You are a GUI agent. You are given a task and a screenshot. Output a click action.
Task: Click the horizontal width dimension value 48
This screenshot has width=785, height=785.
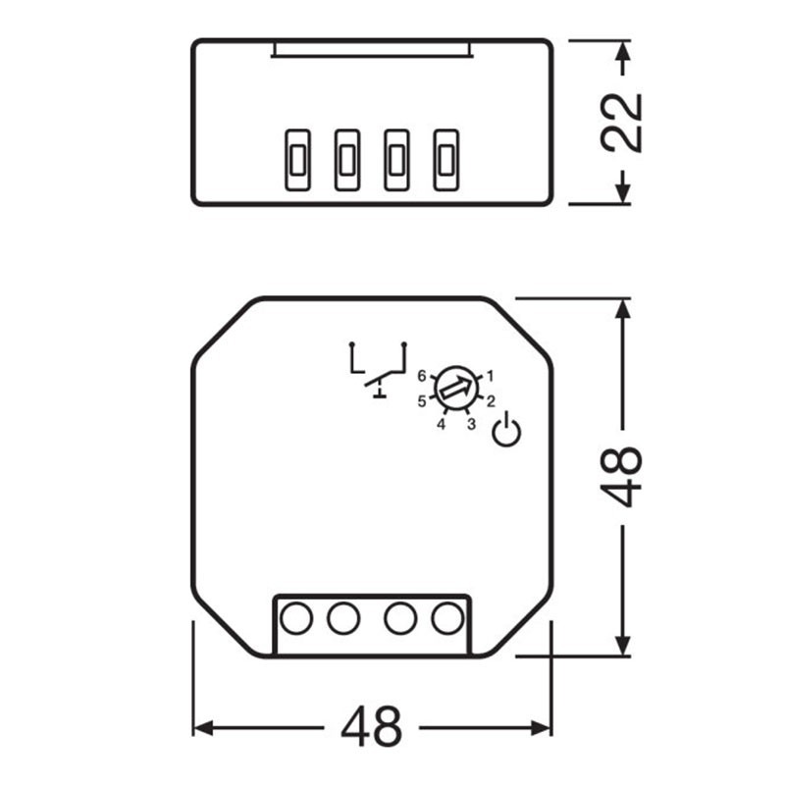(372, 727)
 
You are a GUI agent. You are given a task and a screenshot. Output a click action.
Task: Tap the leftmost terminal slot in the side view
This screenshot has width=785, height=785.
(297, 160)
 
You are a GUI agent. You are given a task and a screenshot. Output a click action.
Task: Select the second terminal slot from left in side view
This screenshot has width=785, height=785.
(346, 160)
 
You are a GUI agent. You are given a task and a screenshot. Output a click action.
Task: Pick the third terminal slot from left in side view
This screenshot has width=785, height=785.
(395, 160)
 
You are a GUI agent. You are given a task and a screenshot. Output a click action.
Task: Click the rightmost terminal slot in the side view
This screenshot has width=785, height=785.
(445, 160)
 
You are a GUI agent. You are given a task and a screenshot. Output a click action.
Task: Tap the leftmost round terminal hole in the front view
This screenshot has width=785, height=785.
(296, 618)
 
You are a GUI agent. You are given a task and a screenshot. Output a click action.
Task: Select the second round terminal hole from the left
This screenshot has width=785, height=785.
(343, 618)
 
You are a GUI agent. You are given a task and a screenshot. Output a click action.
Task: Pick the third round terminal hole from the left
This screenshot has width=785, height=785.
(399, 618)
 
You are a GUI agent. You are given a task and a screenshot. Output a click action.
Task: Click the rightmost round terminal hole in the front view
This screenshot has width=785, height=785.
(446, 618)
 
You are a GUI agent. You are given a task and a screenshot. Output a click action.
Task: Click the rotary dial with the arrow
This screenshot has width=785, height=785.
(455, 389)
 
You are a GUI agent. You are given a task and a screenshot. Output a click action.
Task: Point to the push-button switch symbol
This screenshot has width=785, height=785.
(378, 369)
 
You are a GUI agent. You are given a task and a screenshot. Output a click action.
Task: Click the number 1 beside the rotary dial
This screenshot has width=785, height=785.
(490, 375)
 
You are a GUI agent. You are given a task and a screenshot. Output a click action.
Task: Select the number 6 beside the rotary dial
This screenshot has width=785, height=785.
(422, 376)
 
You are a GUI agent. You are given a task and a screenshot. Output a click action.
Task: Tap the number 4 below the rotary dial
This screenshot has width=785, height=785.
(441, 424)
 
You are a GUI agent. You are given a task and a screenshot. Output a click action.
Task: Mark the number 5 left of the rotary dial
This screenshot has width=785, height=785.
(422, 400)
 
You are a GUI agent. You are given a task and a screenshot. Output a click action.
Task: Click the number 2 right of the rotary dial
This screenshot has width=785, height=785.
(490, 400)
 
